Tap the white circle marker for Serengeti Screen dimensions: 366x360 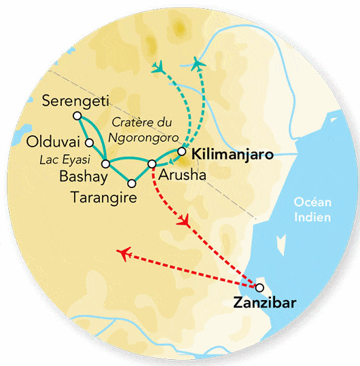tap(75, 116)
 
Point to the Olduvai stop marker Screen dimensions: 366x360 tap(90, 143)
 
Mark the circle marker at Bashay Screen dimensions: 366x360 tap(106, 164)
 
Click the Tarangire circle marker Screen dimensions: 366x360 tap(132, 183)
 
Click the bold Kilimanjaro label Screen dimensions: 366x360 tap(233, 155)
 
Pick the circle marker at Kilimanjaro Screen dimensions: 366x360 tap(181, 151)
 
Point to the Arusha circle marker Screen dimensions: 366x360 tap(152, 164)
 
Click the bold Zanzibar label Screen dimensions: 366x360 tap(264, 303)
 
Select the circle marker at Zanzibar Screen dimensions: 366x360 tap(259, 287)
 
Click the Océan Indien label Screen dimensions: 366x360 tap(312, 209)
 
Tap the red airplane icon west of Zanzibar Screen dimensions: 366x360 tap(124, 254)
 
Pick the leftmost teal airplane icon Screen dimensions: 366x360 tap(160, 67)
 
